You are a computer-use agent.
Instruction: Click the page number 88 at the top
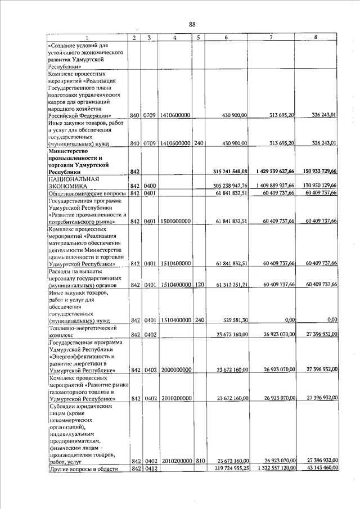192,24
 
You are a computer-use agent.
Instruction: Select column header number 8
316,37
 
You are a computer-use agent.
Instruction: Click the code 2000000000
175,370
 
